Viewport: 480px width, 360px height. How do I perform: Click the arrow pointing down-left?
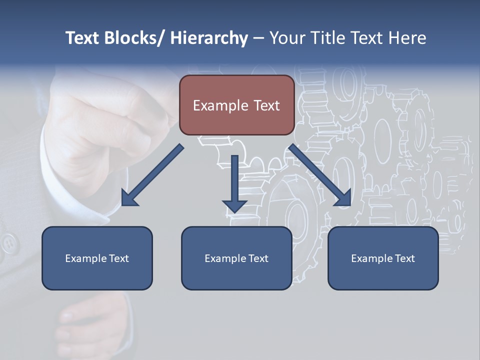point(152,175)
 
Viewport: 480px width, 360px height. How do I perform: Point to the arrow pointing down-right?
point(320,175)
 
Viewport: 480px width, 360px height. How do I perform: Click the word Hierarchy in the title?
point(209,38)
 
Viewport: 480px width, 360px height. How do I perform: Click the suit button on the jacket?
point(8,243)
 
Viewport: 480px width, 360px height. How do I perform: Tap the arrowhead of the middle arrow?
point(234,205)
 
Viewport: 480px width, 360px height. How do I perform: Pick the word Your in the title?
point(284,38)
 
